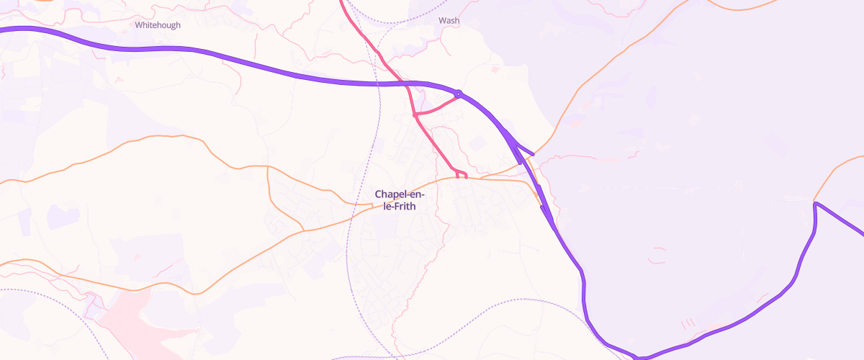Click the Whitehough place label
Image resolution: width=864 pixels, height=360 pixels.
158,25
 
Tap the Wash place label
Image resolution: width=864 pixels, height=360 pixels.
449,21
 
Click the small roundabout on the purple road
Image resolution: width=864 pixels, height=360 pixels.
458,94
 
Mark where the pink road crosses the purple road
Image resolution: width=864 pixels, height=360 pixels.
408,85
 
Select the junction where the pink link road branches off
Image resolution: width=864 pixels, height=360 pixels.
415,114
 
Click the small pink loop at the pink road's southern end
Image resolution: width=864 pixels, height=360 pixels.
462,174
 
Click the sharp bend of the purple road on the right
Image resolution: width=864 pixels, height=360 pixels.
816,205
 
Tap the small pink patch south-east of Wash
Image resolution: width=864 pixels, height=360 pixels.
495,70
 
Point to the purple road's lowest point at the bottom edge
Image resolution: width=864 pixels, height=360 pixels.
639,356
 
